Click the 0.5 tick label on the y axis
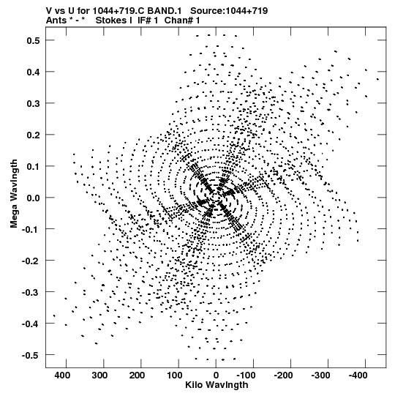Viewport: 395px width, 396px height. (33, 40)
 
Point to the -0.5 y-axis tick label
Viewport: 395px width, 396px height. (31, 355)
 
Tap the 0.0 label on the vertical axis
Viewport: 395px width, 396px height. (33, 198)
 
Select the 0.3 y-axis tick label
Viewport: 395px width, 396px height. (33, 103)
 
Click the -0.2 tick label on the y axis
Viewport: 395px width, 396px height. (31, 261)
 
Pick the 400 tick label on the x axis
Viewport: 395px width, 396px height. (62, 376)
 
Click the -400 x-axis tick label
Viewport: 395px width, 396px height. (358, 376)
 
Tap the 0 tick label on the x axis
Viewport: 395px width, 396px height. (216, 376)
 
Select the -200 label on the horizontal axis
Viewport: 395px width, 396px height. (283, 376)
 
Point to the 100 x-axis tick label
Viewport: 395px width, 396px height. (174, 376)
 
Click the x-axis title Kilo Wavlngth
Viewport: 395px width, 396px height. (217, 385)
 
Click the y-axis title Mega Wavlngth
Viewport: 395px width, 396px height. (14, 194)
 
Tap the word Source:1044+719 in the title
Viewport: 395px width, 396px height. (229, 11)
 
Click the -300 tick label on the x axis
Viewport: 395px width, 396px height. (320, 376)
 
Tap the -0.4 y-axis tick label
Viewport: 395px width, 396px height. (31, 324)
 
